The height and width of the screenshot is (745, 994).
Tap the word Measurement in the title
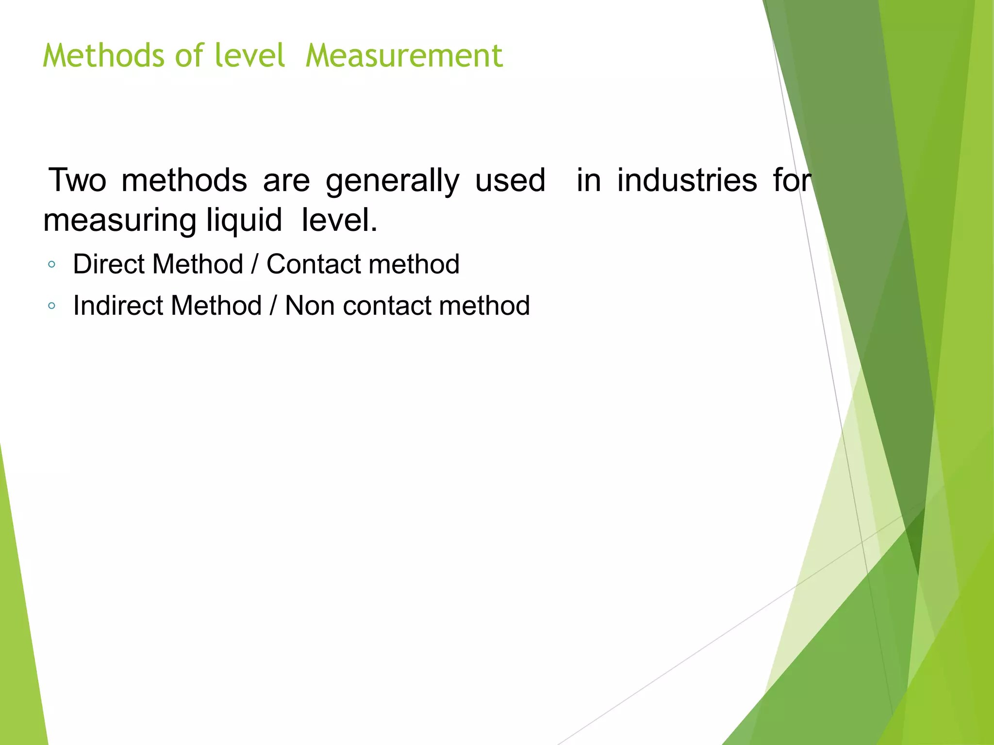coord(404,55)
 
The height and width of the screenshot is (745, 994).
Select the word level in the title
coord(250,55)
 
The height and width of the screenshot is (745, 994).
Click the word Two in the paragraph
coord(77,180)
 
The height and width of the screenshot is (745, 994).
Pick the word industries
coord(687,180)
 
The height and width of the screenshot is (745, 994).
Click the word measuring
coord(119,221)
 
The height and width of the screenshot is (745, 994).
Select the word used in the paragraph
coord(510,180)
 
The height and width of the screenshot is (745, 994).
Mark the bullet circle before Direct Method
coord(52,265)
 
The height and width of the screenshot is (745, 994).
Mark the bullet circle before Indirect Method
coord(52,306)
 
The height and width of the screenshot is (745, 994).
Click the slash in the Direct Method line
coord(255,264)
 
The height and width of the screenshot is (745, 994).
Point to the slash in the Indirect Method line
coord(273,306)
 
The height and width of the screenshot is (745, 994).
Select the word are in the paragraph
coord(286,180)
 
